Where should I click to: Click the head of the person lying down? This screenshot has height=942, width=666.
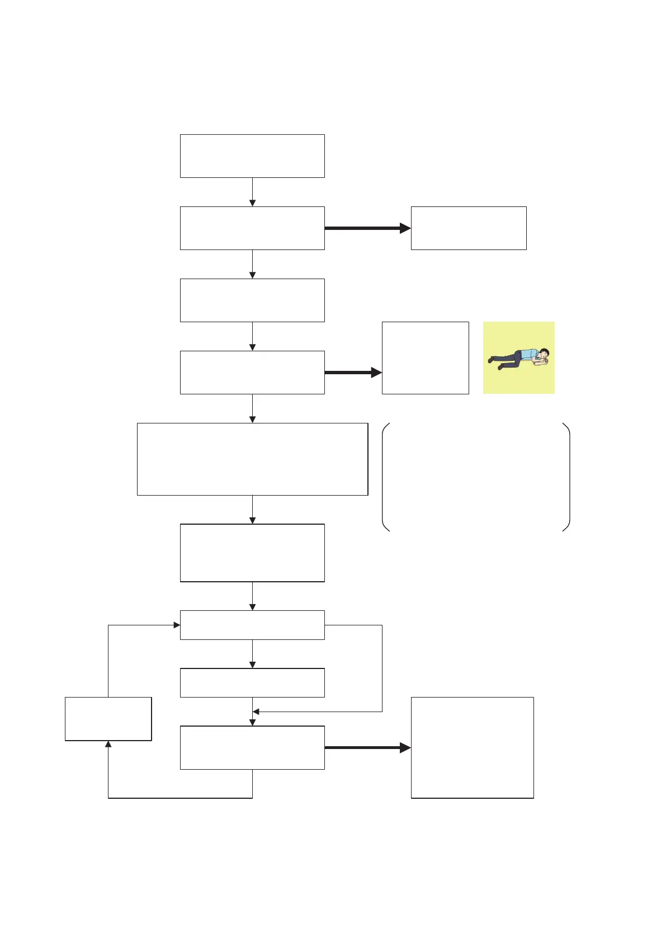tap(545, 354)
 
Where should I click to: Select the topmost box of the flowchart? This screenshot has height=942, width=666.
tap(252, 156)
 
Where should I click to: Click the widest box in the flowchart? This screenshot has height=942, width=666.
tap(252, 459)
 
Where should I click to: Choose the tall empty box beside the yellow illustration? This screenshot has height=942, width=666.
tap(425, 358)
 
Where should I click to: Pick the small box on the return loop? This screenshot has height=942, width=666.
tap(108, 719)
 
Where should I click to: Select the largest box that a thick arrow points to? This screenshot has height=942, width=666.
tap(472, 747)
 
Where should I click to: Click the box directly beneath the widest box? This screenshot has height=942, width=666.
tap(252, 553)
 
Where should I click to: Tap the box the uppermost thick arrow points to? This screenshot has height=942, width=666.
tap(469, 228)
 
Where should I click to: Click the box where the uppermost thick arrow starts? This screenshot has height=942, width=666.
tap(252, 228)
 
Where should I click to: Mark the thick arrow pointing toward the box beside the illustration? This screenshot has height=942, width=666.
tap(353, 373)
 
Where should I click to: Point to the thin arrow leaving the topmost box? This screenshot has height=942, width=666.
tap(252, 192)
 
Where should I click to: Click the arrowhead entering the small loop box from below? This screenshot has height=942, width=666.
tap(108, 745)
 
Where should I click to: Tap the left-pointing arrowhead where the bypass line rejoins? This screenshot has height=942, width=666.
tap(256, 712)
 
